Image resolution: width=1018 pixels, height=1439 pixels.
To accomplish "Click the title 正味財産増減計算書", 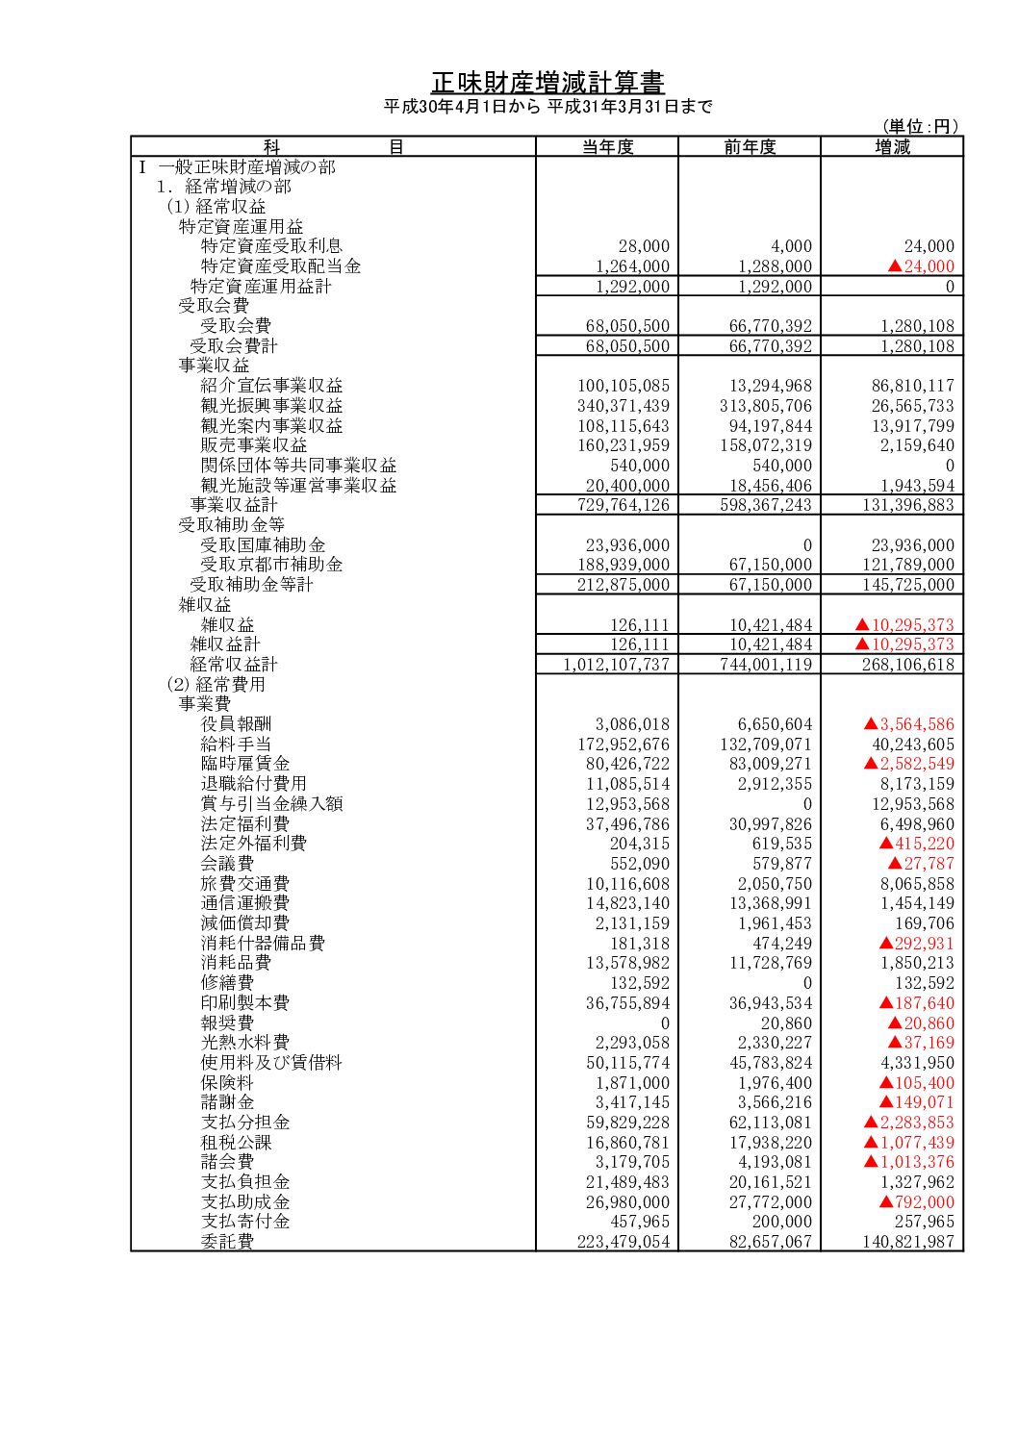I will [547, 82].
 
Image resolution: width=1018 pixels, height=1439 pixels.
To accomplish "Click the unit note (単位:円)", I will [921, 126].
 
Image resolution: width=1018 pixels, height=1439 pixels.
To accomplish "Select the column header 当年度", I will [607, 147].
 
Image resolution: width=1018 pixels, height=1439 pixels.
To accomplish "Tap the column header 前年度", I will [750, 147].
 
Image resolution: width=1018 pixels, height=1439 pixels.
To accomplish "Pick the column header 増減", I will [892, 147].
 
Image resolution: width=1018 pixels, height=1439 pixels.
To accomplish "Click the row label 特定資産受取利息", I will [271, 246].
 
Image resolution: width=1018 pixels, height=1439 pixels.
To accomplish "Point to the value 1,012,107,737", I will [616, 665].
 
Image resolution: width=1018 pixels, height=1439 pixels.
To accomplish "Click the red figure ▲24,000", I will [922, 266].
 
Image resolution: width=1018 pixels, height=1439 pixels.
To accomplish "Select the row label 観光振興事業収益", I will [271, 406].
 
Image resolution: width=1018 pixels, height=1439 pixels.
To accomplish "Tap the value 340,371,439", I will [623, 406].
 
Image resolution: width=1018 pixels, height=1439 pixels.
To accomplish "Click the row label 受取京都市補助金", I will [271, 565].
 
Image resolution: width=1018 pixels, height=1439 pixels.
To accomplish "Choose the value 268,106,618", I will [908, 665].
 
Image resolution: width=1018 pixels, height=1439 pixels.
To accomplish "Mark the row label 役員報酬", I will [236, 724].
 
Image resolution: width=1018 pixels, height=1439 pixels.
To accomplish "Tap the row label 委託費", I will [227, 1242].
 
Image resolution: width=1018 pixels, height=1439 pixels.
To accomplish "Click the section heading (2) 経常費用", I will [216, 685].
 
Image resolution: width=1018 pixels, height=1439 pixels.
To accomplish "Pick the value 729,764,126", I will [623, 505].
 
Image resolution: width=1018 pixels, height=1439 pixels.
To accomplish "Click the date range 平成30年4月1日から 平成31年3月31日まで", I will [547, 107].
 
